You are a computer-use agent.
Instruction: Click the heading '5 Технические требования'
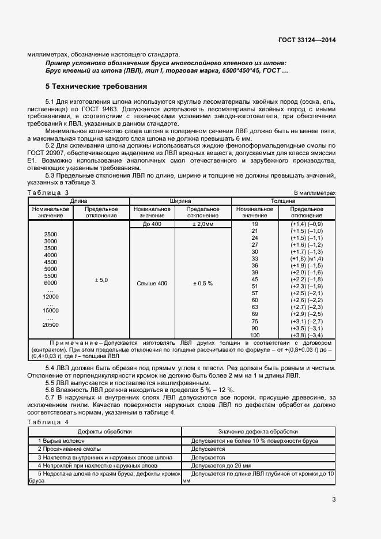96,86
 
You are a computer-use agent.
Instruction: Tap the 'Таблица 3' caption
48,192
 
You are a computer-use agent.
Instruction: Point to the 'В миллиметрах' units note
314,192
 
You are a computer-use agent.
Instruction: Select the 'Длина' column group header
78,201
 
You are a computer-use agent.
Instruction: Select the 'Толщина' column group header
283,201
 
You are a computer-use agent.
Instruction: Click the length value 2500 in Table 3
51,234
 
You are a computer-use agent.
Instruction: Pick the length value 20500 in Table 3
51,325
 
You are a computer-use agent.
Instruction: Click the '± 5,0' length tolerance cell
101,280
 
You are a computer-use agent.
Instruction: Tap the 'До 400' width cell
152,224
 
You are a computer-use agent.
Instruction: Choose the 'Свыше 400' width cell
152,283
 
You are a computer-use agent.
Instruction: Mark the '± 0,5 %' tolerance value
202,283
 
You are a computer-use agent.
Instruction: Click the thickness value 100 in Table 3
255,335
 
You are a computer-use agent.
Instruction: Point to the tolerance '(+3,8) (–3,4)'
307,335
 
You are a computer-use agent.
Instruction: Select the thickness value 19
255,224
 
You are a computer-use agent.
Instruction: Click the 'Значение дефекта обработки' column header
258,431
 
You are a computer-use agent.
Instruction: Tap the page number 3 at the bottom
334,499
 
